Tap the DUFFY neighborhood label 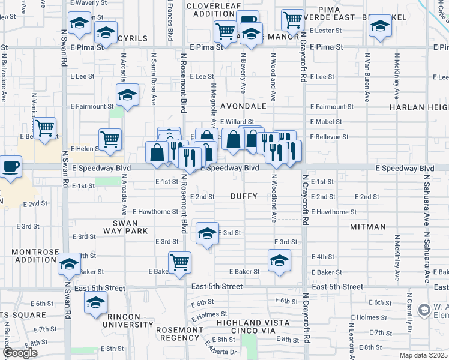(x=244, y=196)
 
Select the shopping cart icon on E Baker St (x=179, y=262)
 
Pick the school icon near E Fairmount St (x=127, y=95)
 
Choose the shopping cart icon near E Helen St (x=110, y=139)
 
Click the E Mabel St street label (x=325, y=122)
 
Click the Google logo (x=20, y=353)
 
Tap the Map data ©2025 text (x=423, y=355)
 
